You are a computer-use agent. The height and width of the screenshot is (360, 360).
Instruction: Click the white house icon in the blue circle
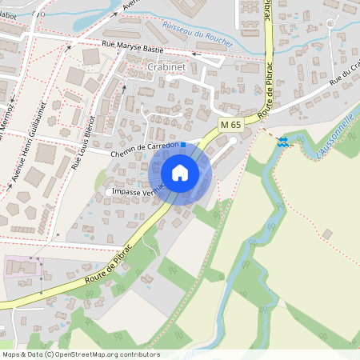coord(180,172)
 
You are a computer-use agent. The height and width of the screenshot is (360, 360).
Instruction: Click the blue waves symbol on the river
coord(282,142)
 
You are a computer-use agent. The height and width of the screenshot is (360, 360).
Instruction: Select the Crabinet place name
coord(166,68)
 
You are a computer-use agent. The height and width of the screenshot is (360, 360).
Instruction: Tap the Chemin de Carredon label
coord(142,149)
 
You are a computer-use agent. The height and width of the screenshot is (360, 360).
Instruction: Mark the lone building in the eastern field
coord(327,234)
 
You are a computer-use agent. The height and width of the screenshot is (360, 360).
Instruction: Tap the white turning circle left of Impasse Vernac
coord(110,192)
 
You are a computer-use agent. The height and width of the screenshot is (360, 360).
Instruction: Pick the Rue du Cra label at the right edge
coord(341,76)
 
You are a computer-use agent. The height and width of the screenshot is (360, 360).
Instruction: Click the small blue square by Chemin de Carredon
coord(182,145)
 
